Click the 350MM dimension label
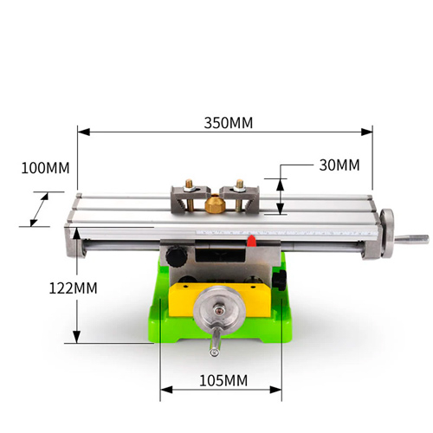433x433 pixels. click(x=228, y=123)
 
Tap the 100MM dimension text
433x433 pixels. click(x=45, y=168)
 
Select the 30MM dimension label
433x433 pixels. click(x=339, y=165)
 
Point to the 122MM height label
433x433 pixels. click(x=73, y=288)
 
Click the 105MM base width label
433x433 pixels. click(x=223, y=380)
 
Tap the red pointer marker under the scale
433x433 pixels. click(x=252, y=241)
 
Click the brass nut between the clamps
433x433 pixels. click(x=215, y=204)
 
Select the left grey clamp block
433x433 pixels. click(x=191, y=198)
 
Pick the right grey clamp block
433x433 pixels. click(x=239, y=198)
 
